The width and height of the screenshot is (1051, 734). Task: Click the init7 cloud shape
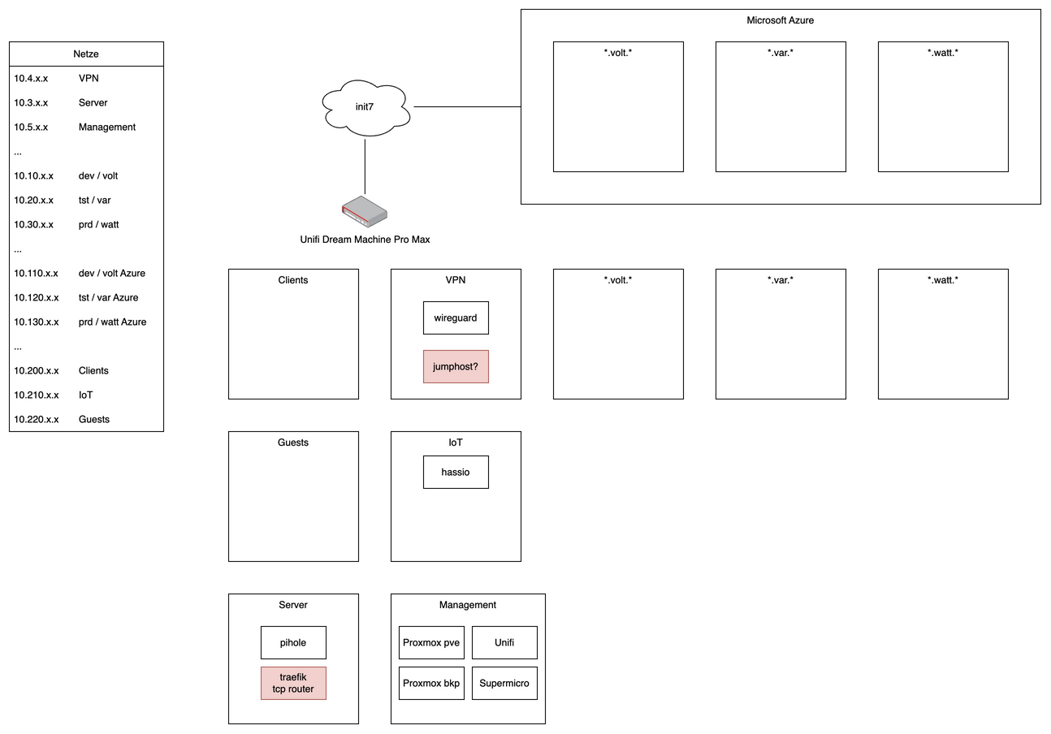365,107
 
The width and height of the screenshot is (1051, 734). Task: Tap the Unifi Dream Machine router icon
365,211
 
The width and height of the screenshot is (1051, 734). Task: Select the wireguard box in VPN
456,317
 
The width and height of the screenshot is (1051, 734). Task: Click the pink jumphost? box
456,366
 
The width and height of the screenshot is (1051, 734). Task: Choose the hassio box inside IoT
456,472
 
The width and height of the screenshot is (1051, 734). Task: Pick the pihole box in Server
293,642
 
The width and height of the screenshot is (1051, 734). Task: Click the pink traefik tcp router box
293,683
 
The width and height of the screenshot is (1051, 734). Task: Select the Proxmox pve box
431,642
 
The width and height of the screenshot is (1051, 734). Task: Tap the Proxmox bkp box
431,683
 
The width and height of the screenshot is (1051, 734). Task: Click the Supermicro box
504,683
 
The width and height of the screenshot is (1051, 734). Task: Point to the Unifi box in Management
504,642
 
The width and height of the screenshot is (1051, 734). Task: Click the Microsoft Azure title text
780,20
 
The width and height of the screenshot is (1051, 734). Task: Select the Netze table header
86,54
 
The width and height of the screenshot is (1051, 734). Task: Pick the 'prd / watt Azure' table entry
112,322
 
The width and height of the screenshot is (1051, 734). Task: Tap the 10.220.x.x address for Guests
37,420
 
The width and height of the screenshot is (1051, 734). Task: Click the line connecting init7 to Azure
467,106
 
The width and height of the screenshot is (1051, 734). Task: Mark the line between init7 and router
365,166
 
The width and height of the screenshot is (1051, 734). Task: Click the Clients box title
293,280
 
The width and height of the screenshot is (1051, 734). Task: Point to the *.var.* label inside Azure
781,53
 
